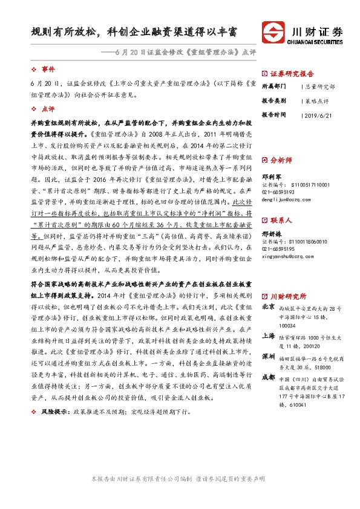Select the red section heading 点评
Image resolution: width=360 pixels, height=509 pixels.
49,109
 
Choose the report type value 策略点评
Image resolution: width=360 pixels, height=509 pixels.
316,100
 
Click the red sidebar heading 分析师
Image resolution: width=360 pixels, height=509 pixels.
281,161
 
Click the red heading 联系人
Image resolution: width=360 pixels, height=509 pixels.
281,221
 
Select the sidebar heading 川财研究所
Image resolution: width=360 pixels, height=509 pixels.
288,296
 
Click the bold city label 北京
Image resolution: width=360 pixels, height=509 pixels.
267,307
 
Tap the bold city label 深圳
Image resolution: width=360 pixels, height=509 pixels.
267,357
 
